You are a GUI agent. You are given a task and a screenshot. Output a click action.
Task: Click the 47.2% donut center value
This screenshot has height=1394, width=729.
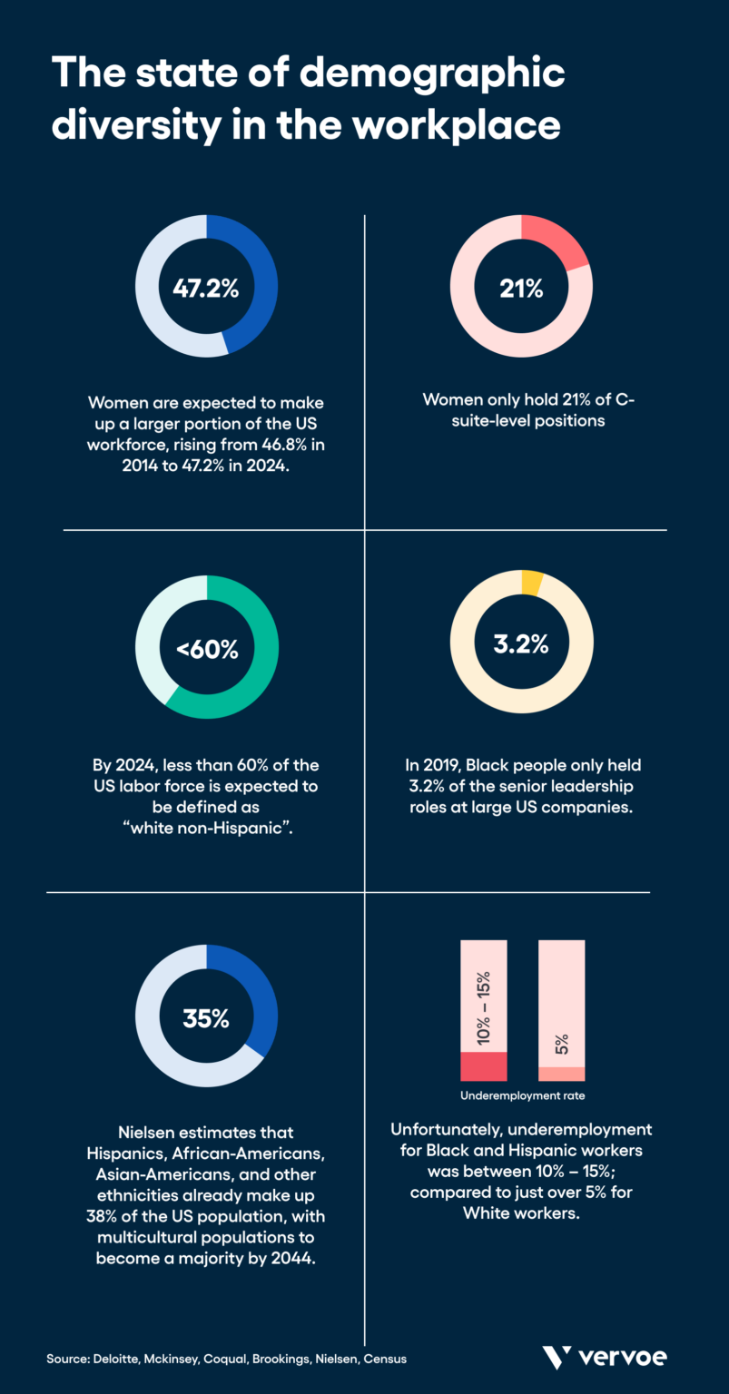point(206,289)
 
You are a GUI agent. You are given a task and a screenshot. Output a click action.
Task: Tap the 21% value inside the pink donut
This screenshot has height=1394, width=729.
point(521,289)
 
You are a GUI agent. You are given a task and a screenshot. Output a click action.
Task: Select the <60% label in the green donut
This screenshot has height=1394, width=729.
point(207,650)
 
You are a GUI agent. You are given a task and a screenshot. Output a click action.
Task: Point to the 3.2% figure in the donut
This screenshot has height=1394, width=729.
point(521,644)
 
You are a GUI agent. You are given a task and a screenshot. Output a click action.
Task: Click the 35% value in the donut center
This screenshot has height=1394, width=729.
point(206,1018)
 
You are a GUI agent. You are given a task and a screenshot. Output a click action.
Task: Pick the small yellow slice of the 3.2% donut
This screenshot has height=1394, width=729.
point(532,583)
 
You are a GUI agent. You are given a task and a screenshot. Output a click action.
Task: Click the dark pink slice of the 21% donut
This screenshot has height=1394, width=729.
point(559,241)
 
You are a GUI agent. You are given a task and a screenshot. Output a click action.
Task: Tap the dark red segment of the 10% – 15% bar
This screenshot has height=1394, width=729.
point(483,1066)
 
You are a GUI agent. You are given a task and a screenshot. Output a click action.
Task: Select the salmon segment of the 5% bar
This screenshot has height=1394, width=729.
point(561,1074)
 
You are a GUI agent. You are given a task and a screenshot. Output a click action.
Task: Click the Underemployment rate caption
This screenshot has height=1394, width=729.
point(522,1095)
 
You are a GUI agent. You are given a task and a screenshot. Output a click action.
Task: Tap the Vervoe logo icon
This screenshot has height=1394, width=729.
point(557,1358)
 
